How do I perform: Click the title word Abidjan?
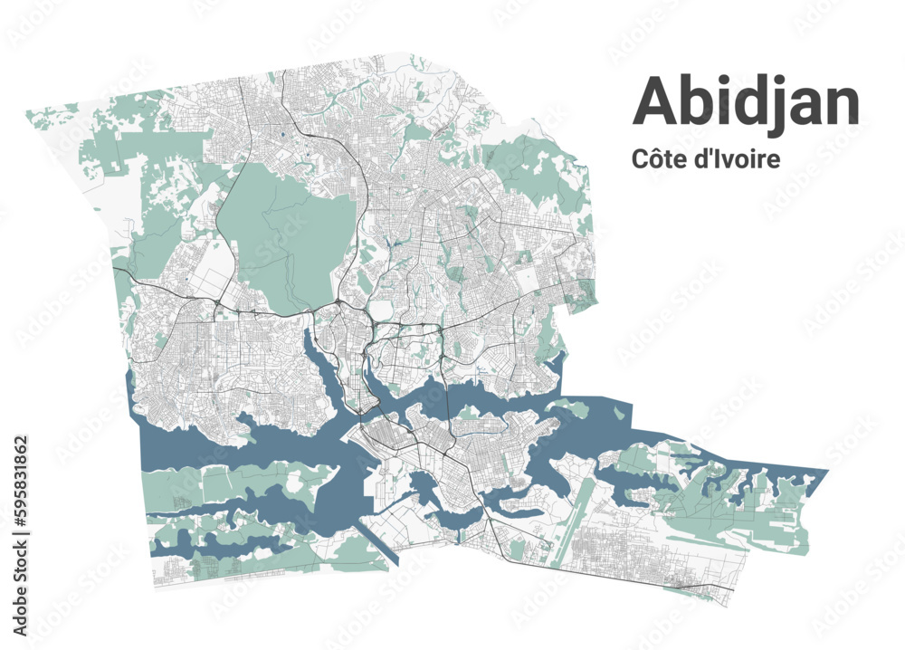click(746, 102)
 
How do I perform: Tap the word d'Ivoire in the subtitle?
click(736, 158)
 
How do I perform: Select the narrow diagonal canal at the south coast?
click(372, 543)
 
